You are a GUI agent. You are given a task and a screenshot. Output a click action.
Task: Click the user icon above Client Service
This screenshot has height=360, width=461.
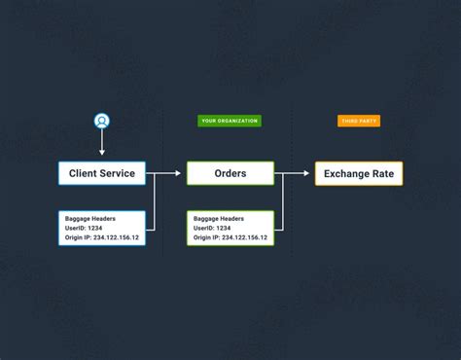coord(102,121)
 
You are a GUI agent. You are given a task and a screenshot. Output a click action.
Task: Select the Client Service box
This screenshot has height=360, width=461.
coord(101,173)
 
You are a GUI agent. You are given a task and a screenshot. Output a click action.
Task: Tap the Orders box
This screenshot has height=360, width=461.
coord(230,173)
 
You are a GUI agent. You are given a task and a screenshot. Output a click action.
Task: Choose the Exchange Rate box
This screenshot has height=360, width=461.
coord(358,174)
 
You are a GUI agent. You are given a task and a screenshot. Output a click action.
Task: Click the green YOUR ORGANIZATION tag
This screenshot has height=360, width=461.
coord(230,121)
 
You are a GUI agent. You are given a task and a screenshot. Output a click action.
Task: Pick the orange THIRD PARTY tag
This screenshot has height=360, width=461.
coord(359,121)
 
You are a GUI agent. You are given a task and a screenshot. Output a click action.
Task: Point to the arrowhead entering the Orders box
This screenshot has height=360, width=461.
coord(178,173)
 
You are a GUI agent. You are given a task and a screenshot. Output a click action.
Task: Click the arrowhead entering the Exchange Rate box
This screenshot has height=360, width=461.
coord(307,173)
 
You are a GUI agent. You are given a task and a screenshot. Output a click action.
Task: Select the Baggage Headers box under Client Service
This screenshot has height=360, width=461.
coord(101,227)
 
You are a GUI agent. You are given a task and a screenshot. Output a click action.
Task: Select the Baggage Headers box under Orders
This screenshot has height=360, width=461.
coord(230,227)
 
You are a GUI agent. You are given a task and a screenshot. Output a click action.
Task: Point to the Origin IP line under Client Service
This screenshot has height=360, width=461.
coord(101,236)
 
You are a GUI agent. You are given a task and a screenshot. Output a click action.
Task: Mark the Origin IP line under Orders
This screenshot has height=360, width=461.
coord(230,236)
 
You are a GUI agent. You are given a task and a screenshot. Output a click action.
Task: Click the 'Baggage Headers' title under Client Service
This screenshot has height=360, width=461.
coord(90,217)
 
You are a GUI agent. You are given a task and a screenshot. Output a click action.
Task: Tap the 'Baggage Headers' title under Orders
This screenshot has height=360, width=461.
coord(219,217)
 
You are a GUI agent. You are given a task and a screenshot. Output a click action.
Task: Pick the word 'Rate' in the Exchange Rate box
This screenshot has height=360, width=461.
coord(384,174)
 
